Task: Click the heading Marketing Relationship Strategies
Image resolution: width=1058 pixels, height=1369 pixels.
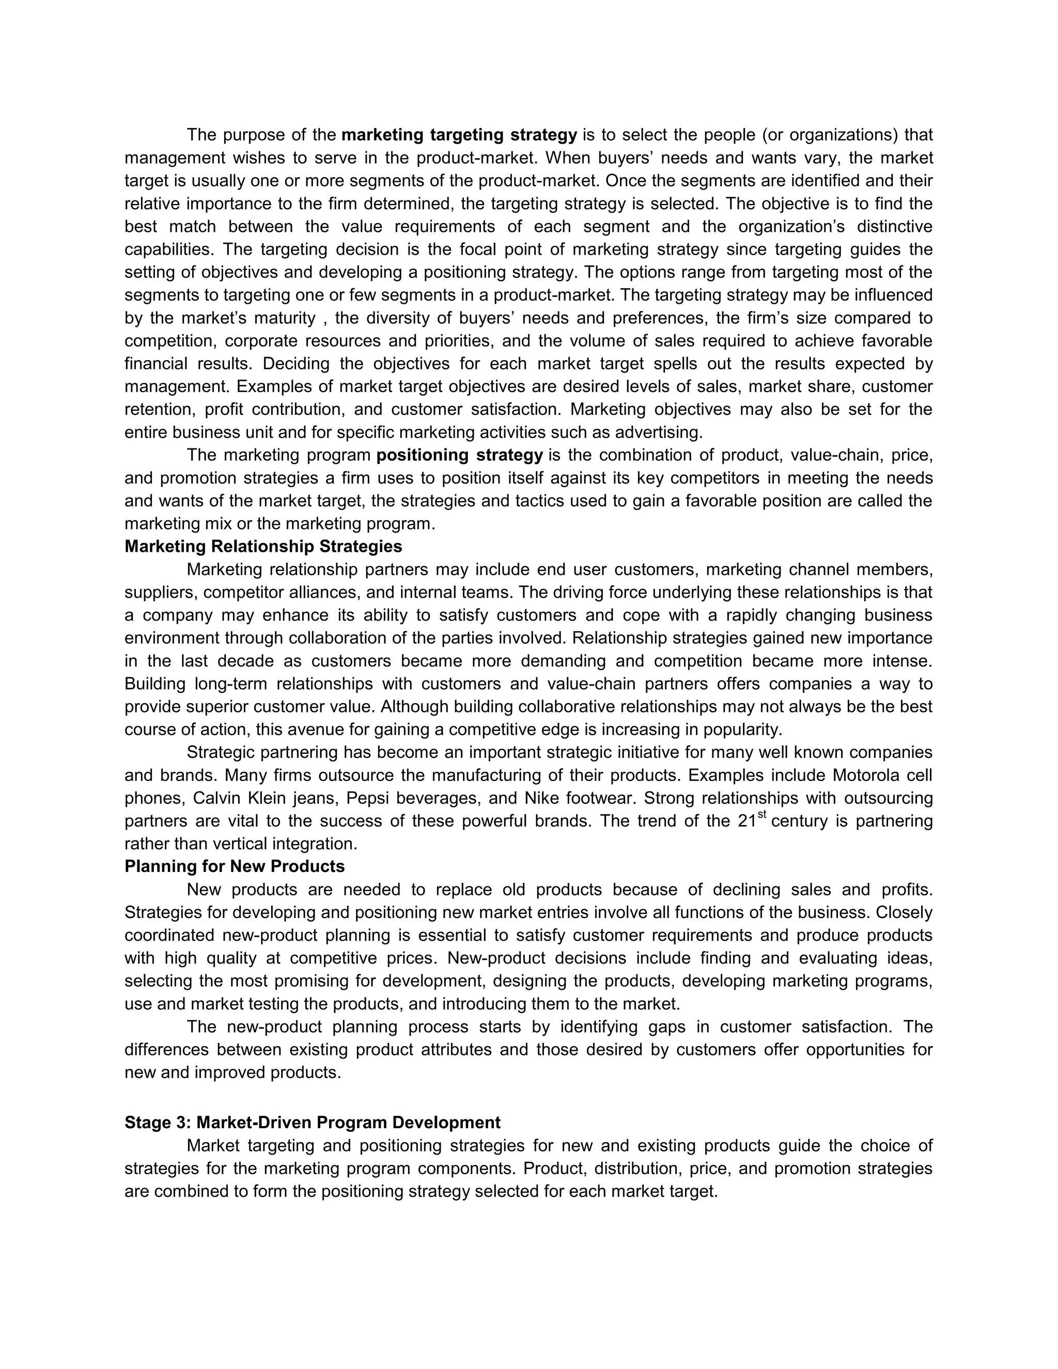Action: click(263, 547)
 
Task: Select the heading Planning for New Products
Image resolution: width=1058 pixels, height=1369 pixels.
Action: click(235, 866)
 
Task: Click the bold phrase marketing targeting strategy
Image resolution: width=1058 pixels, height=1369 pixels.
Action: click(459, 135)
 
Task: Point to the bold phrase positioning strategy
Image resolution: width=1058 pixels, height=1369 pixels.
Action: click(459, 455)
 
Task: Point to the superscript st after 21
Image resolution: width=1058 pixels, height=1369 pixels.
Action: click(761, 815)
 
